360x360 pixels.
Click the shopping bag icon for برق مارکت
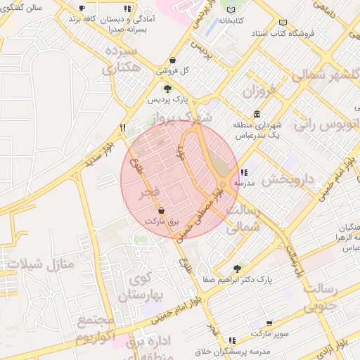tap(162, 210)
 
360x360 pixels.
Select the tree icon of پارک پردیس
tap(167, 89)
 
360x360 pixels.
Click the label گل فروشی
tap(175, 71)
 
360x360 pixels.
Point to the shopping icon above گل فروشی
tap(173, 60)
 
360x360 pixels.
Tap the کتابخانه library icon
tap(232, 9)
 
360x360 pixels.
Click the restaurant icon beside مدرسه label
tap(243, 172)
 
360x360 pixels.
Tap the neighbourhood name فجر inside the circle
tap(151, 191)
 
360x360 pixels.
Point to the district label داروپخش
tap(288, 179)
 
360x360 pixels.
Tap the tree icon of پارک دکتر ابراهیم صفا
tap(237, 268)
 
